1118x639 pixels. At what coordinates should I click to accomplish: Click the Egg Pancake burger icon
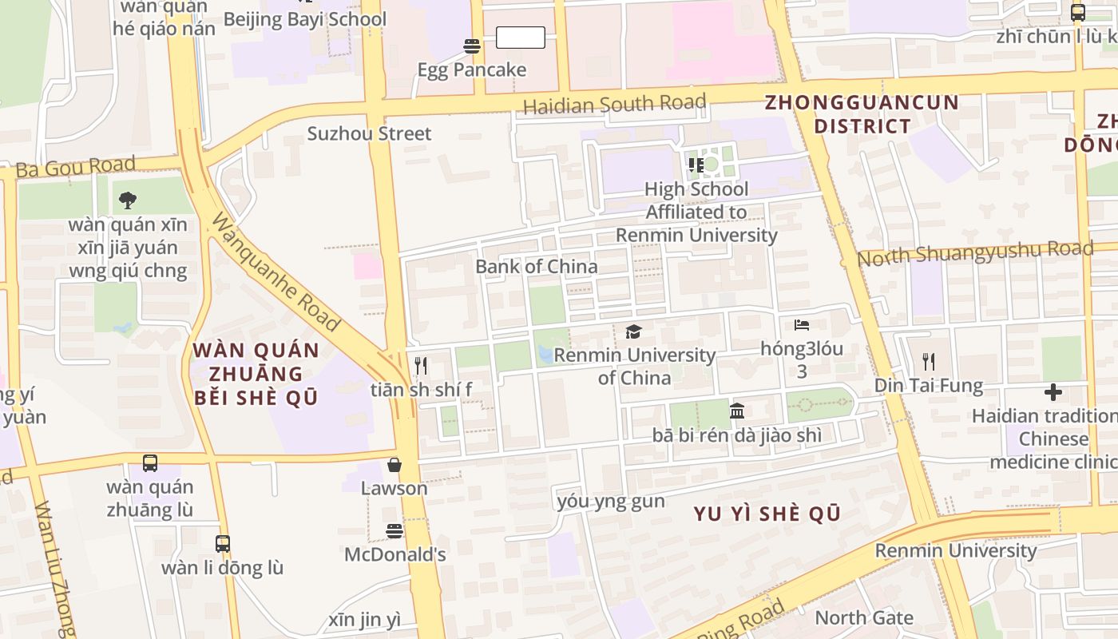pyautogui.click(x=472, y=46)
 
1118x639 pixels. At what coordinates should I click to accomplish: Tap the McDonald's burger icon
pyautogui.click(x=394, y=530)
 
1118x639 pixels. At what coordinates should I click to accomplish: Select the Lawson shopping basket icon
pyautogui.click(x=394, y=465)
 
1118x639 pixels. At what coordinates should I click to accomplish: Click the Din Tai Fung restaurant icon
pyautogui.click(x=928, y=362)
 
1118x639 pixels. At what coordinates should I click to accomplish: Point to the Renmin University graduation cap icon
pyautogui.click(x=634, y=331)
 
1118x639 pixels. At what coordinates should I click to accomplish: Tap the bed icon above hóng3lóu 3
pyautogui.click(x=802, y=325)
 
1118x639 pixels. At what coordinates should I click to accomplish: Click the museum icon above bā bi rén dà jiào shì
pyautogui.click(x=737, y=411)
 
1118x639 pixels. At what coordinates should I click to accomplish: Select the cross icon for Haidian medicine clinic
pyautogui.click(x=1053, y=392)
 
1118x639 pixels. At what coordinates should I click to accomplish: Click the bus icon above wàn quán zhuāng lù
pyautogui.click(x=150, y=462)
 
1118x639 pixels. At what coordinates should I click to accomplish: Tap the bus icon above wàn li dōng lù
pyautogui.click(x=223, y=544)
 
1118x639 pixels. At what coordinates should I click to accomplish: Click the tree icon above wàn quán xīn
pyautogui.click(x=127, y=200)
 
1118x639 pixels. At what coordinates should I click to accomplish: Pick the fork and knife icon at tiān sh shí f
pyautogui.click(x=421, y=366)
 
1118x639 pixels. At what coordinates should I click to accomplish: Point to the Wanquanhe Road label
pyautogui.click(x=275, y=272)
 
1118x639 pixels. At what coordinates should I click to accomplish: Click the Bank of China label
pyautogui.click(x=536, y=267)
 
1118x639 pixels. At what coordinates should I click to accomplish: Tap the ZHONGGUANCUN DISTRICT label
pyautogui.click(x=862, y=114)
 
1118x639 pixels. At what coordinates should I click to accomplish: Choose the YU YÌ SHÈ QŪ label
pyautogui.click(x=767, y=514)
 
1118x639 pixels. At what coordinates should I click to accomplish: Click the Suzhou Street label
pyautogui.click(x=369, y=133)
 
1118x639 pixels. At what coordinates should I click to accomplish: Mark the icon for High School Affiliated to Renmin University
pyautogui.click(x=696, y=165)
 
